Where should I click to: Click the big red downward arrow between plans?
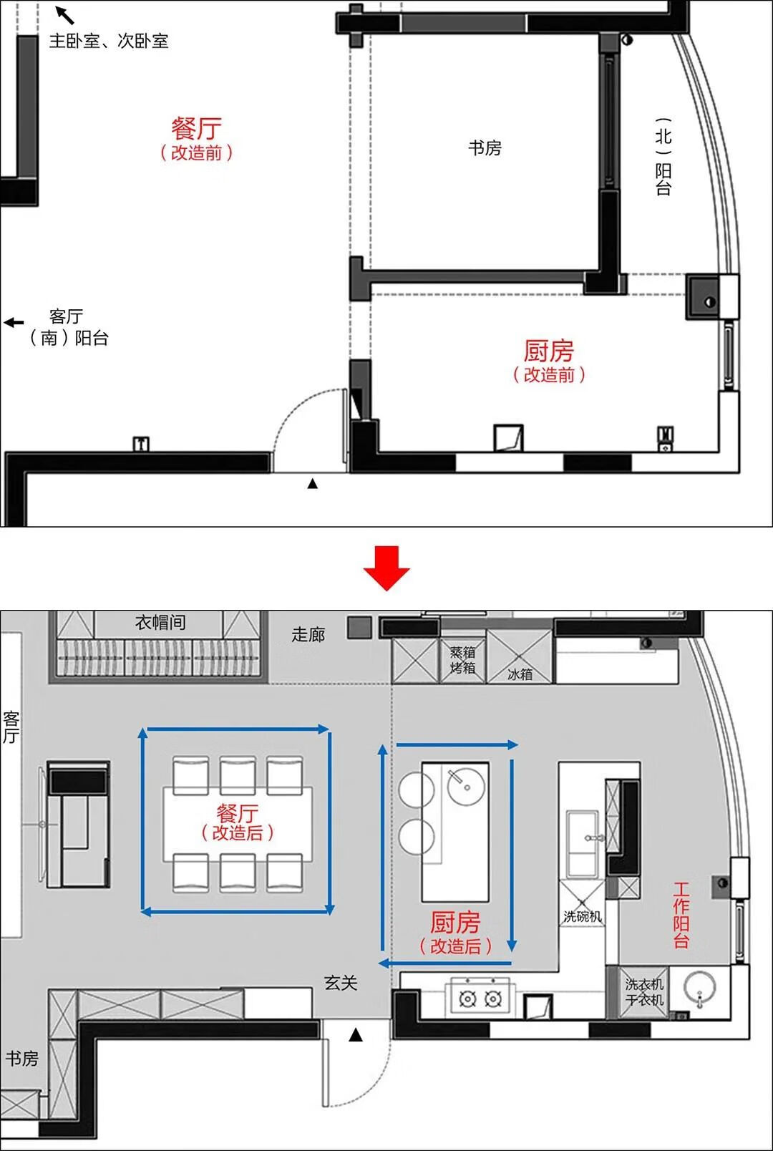click(386, 568)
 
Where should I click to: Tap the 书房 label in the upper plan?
click(485, 148)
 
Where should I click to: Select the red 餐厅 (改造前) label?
click(196, 139)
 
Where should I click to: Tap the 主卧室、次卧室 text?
click(108, 41)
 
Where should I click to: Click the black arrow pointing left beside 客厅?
click(14, 323)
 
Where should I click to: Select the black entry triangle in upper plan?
click(312, 484)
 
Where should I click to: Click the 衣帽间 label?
click(160, 623)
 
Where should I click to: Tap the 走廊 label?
click(308, 634)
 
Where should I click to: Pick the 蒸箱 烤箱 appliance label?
click(462, 660)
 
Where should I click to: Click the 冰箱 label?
click(520, 674)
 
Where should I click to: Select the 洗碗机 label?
click(582, 916)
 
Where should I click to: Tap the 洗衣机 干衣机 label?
click(643, 992)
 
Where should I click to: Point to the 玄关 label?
click(341, 983)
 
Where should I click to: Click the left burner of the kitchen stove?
click(468, 998)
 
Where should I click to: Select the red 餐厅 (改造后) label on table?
click(238, 822)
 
